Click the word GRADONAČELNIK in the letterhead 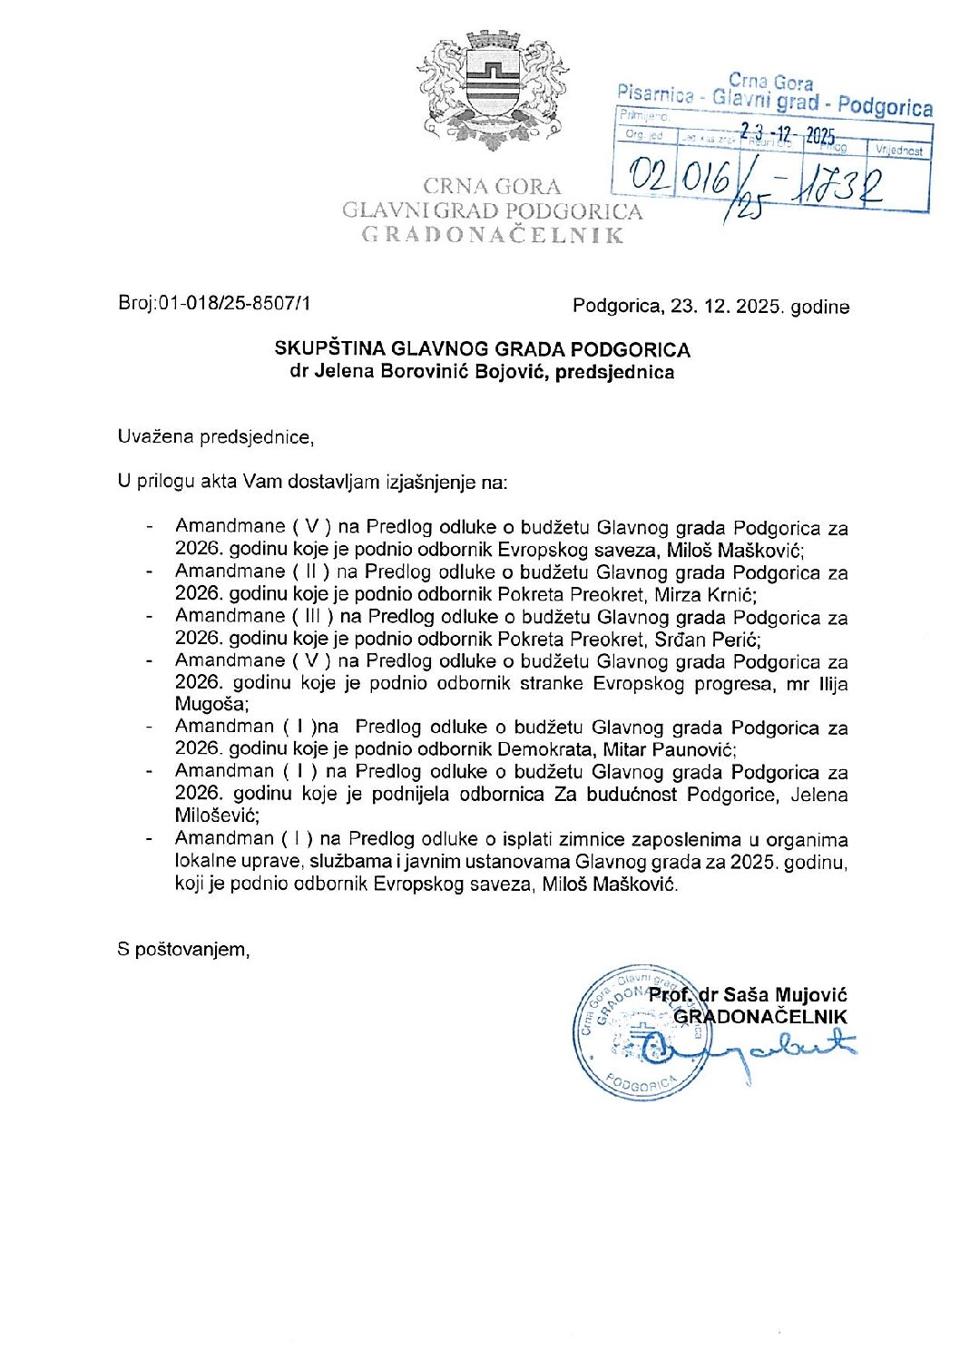click(x=493, y=236)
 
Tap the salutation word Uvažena click(x=156, y=437)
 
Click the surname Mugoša click(x=210, y=705)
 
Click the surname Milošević click(x=217, y=816)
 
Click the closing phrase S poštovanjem click(x=183, y=950)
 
